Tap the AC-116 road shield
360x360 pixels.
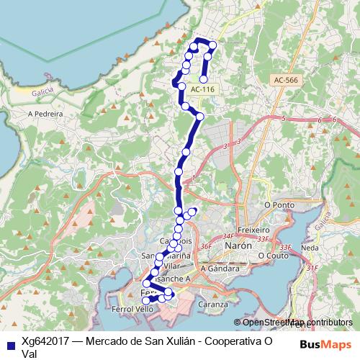click(x=203, y=89)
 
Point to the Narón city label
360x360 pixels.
click(x=238, y=245)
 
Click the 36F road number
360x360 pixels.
click(x=207, y=246)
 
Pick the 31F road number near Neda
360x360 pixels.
click(x=312, y=268)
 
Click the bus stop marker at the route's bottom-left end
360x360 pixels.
click(x=146, y=300)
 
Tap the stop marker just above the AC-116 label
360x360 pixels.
click(x=204, y=80)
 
